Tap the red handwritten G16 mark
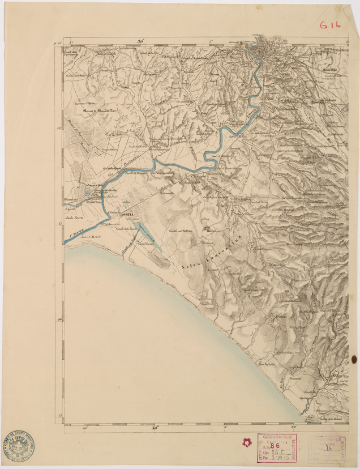tap(329, 25)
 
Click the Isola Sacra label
tap(76, 216)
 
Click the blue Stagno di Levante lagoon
tap(149, 236)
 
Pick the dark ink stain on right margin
tap(354, 359)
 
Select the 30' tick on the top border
tap(141, 40)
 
